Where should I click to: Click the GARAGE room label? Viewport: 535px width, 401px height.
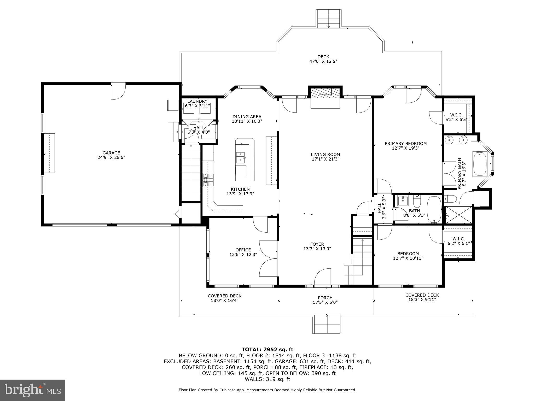pyautogui.click(x=111, y=153)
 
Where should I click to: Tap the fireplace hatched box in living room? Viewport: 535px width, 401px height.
pyautogui.click(x=325, y=92)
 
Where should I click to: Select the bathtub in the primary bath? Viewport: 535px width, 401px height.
pyautogui.click(x=480, y=164)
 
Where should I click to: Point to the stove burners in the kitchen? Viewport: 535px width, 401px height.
pyautogui.click(x=208, y=180)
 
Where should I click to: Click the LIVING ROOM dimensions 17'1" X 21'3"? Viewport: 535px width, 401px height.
pyautogui.click(x=325, y=159)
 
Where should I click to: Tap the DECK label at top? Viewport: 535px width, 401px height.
pyautogui.click(x=323, y=57)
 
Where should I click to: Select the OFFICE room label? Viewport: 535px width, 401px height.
pyautogui.click(x=243, y=250)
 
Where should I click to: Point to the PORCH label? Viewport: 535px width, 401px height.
pyautogui.click(x=325, y=298)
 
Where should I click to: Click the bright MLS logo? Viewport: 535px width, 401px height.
pyautogui.click(x=33, y=390)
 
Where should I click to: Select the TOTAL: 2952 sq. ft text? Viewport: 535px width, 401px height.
pyautogui.click(x=267, y=350)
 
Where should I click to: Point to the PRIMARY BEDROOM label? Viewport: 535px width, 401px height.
pyautogui.click(x=405, y=144)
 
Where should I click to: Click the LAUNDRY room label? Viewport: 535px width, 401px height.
pyautogui.click(x=197, y=101)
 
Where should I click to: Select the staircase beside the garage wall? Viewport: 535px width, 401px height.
pyautogui.click(x=191, y=174)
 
